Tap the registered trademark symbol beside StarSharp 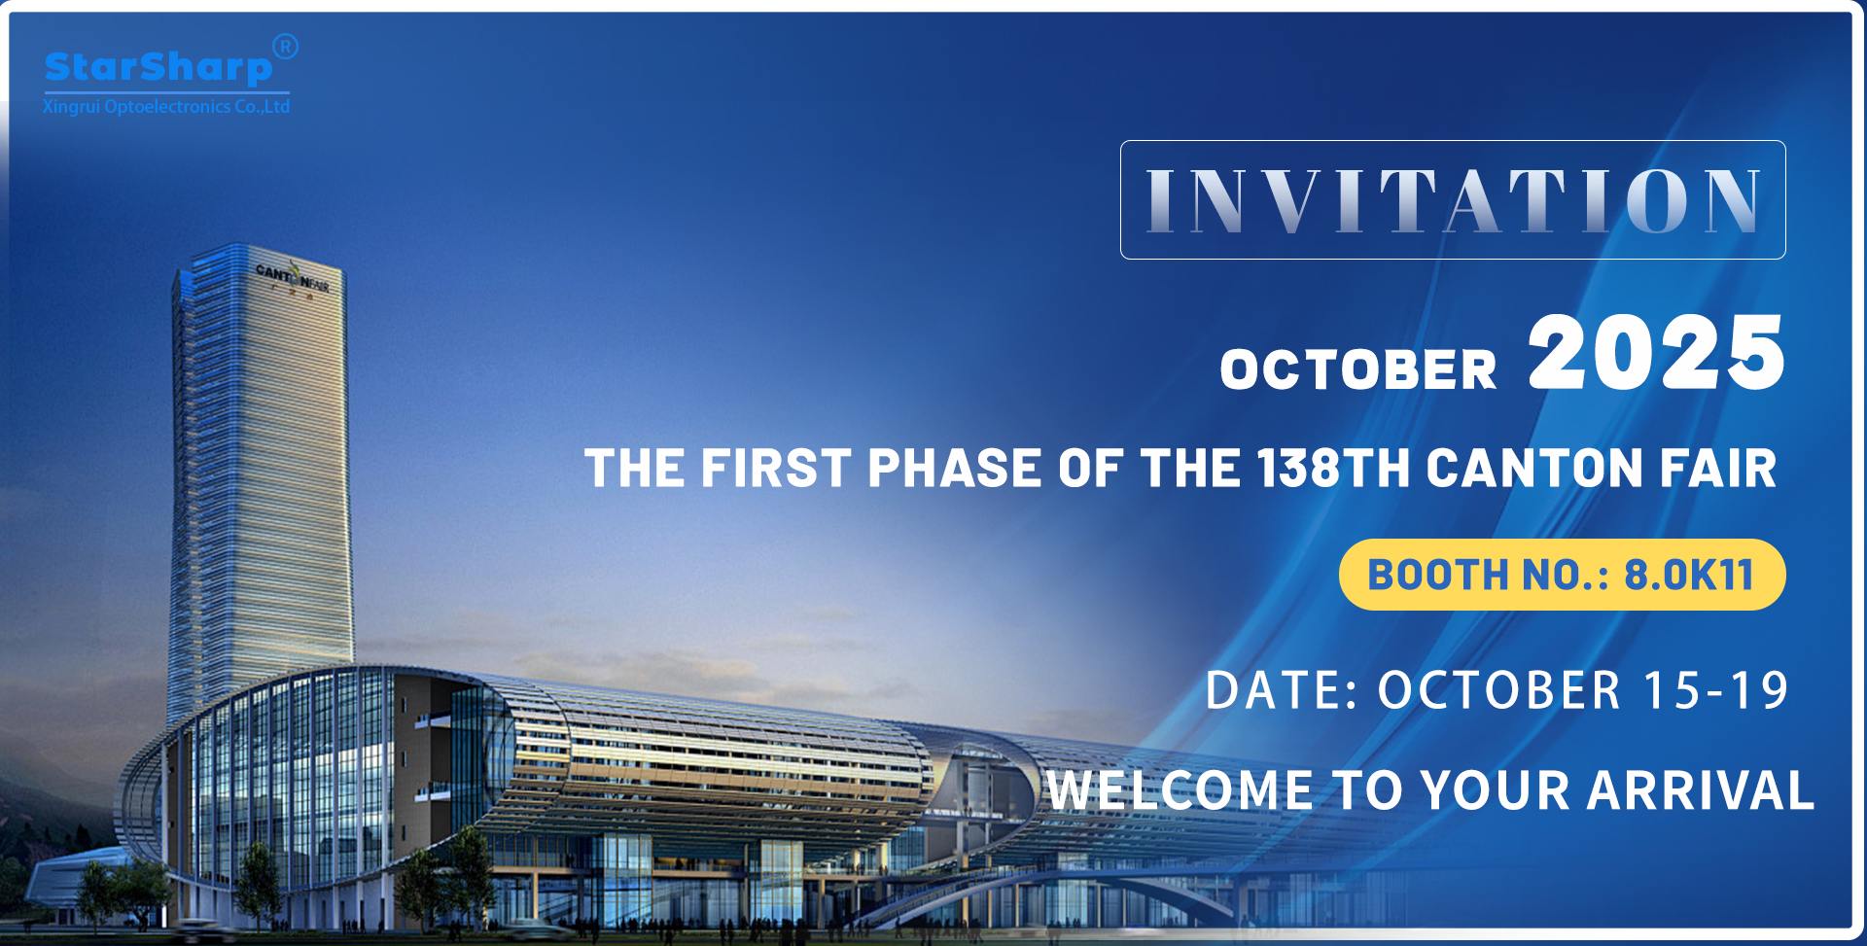[285, 46]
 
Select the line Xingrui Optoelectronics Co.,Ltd [166, 107]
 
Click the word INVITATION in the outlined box [1453, 200]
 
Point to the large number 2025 [1657, 353]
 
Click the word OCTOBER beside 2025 [1358, 369]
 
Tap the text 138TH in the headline [1333, 468]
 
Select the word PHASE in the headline [955, 468]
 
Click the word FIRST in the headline [776, 468]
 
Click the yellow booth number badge [1562, 575]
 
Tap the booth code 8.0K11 [1689, 575]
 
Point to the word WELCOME [1180, 789]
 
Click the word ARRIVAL [1701, 789]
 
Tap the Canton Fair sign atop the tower [292, 278]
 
